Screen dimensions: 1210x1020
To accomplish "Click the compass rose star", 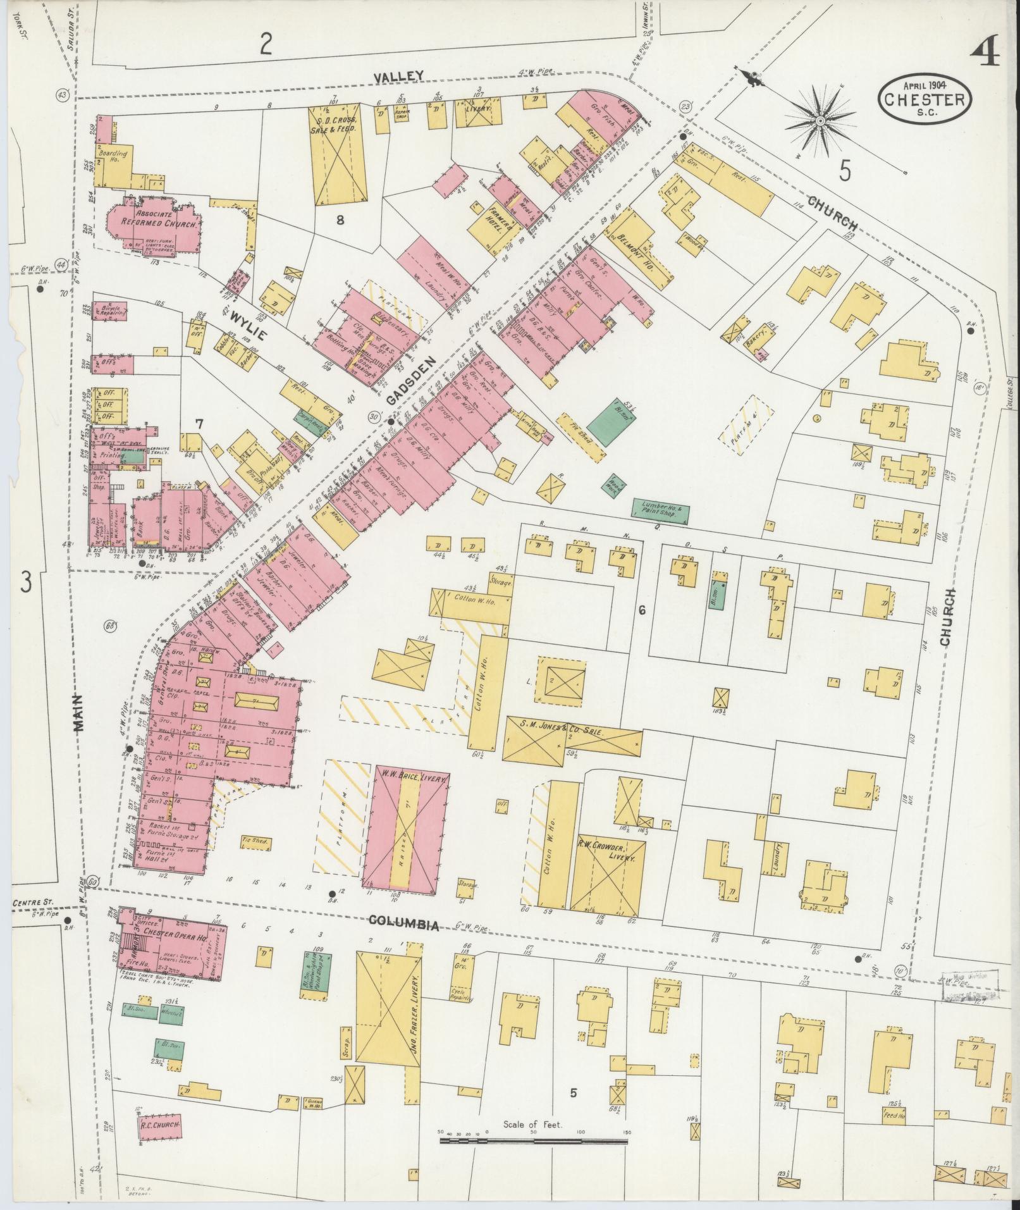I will pos(820,120).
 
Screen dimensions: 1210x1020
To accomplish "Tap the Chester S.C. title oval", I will pos(925,99).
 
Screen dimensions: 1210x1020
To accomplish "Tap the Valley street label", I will pos(398,76).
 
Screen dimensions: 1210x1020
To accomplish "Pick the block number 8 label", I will pos(340,221).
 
